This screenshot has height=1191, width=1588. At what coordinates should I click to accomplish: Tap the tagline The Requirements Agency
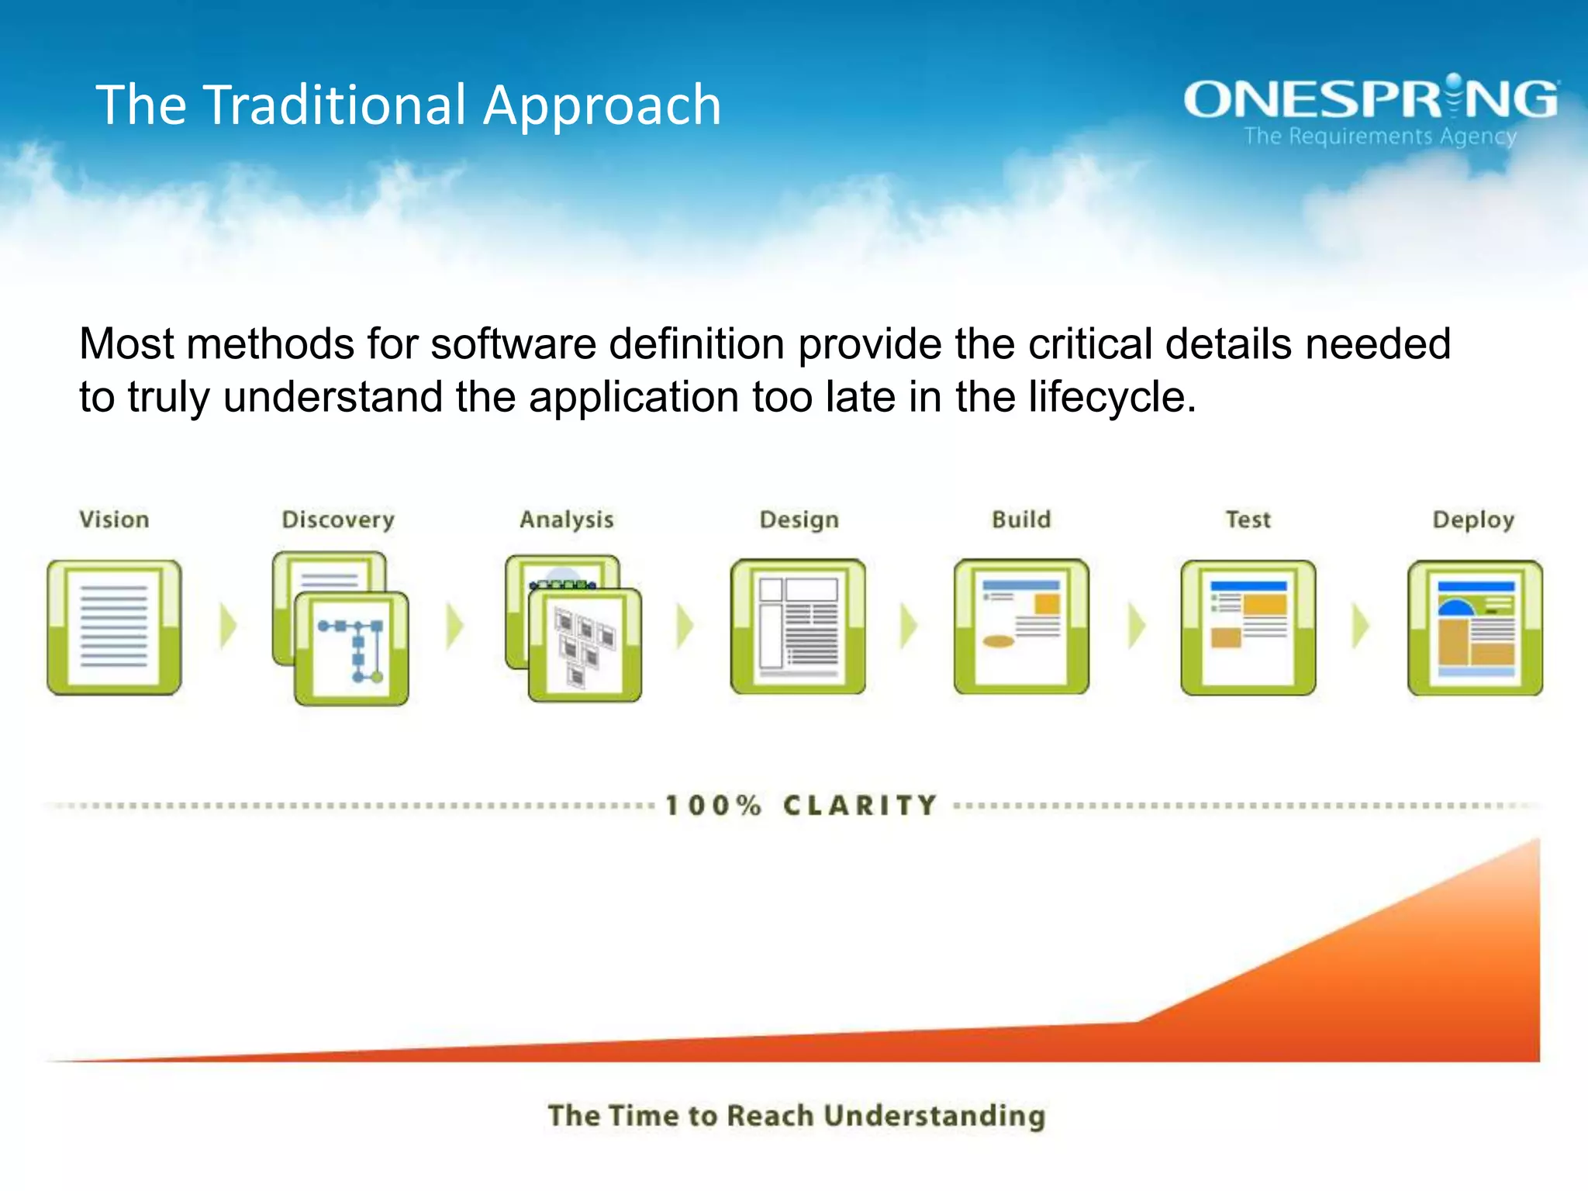[1380, 136]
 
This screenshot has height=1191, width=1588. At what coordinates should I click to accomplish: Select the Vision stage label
[114, 520]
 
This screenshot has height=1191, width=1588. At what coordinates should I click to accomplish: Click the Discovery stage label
[338, 520]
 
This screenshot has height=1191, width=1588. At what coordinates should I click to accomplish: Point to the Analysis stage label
[567, 520]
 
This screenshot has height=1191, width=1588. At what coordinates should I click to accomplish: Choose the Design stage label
[799, 520]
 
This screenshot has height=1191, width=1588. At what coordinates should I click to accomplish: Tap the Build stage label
[1021, 520]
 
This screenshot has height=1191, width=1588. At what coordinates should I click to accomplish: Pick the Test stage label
[1248, 520]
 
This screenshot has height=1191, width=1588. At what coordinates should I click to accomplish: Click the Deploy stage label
[1473, 520]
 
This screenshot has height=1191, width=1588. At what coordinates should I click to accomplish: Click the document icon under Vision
[114, 627]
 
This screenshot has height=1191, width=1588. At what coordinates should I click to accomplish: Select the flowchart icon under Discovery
[350, 648]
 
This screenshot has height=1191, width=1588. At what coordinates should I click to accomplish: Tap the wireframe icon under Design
[798, 627]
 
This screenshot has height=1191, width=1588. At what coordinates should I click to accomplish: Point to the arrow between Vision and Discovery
[228, 626]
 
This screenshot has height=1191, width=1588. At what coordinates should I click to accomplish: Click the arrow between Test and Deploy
[1361, 626]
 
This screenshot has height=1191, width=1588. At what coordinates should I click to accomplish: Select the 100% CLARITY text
[802, 806]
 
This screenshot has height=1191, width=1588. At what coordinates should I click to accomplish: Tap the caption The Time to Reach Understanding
[796, 1116]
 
